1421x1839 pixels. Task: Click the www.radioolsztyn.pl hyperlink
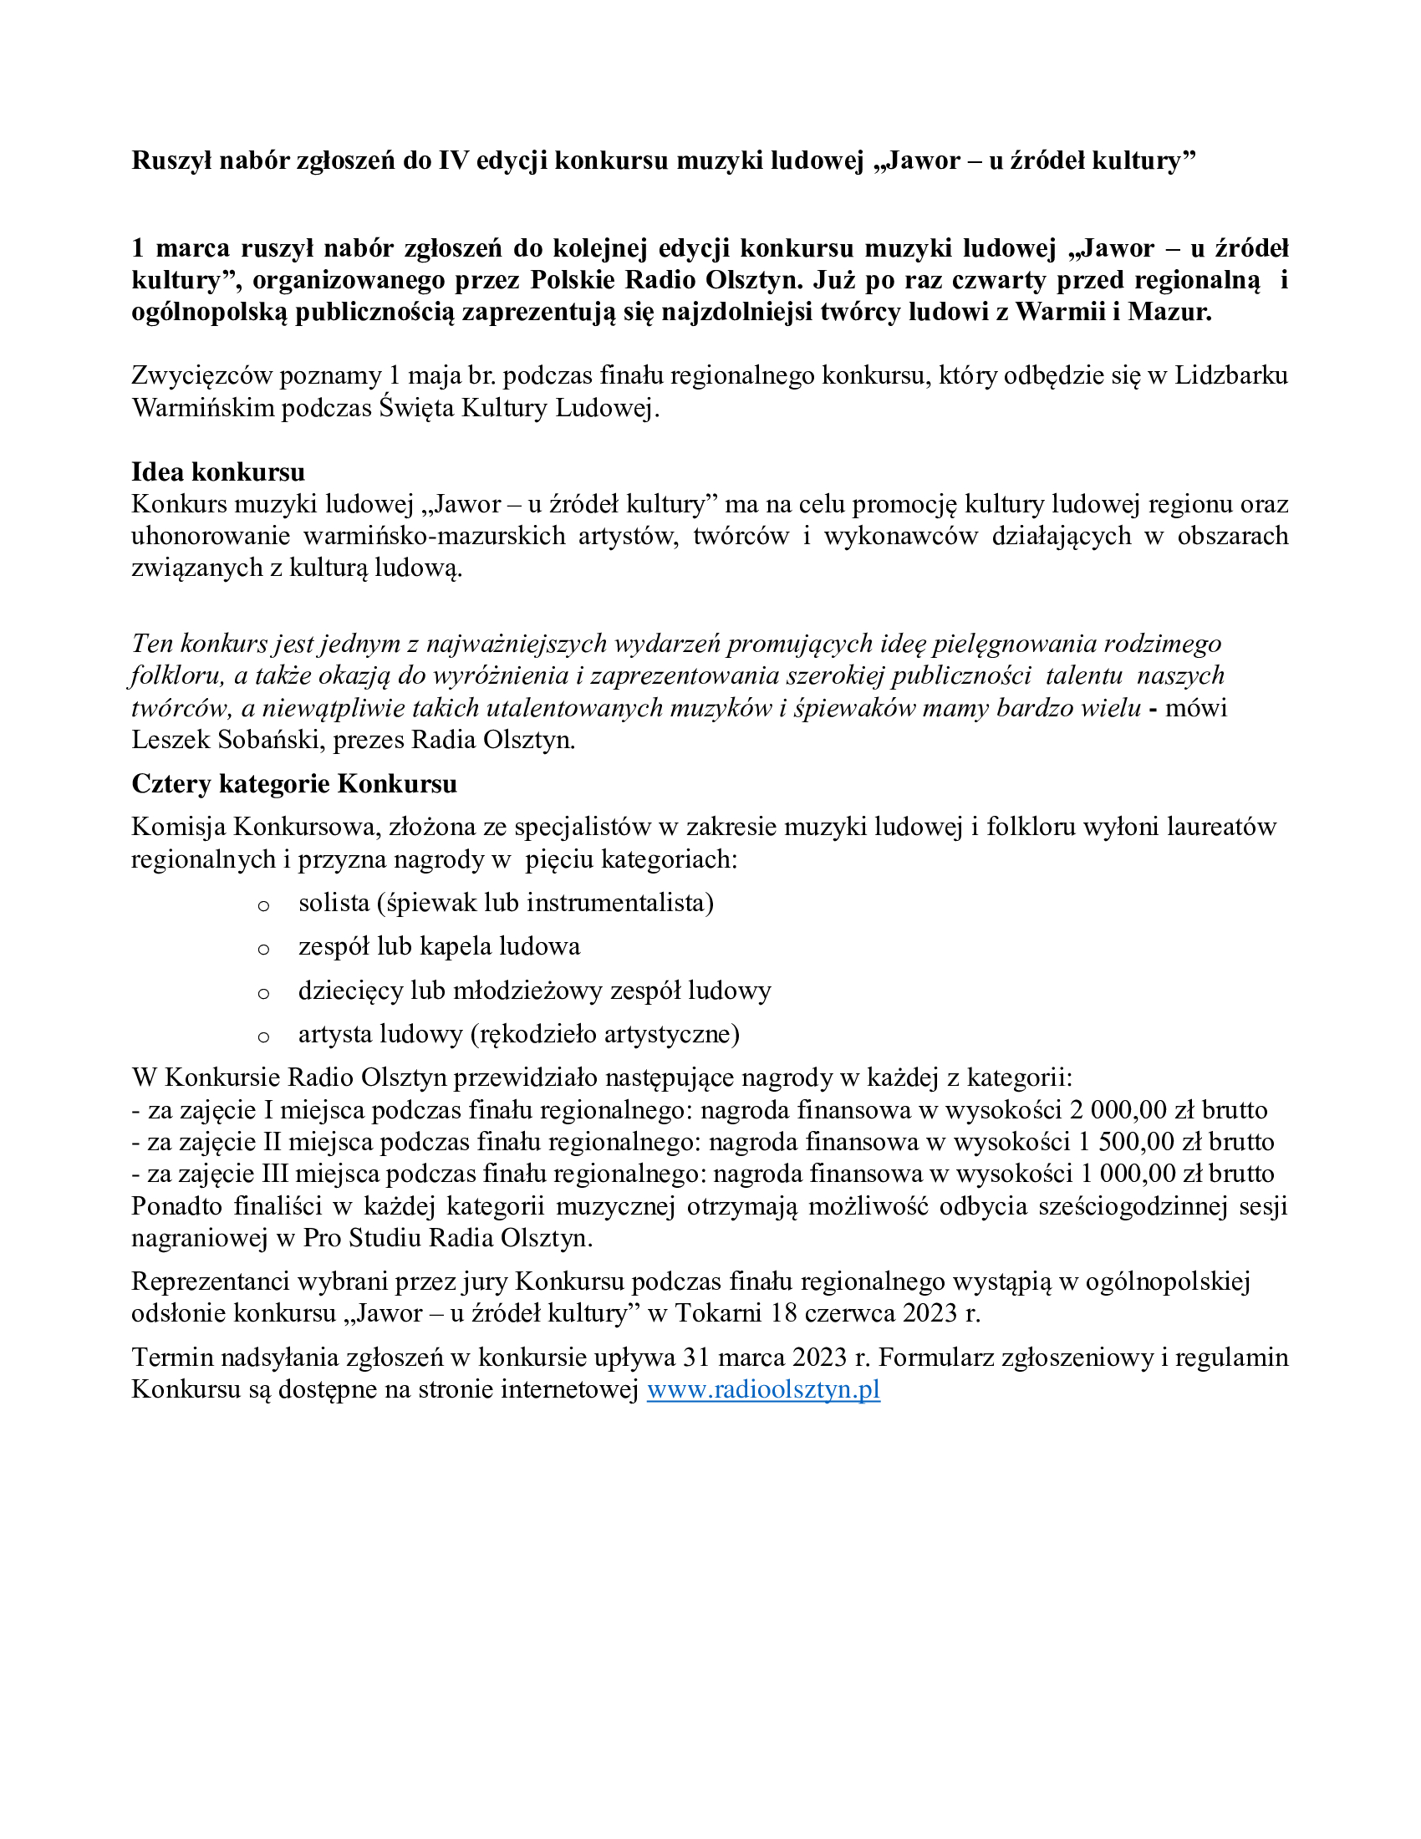tap(762, 1389)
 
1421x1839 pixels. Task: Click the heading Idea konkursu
tap(218, 471)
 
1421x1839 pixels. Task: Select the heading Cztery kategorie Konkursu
tap(293, 784)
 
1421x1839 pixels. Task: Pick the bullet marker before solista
tap(263, 906)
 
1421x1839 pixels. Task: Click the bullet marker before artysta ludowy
tap(263, 1037)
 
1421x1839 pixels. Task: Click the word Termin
tap(171, 1358)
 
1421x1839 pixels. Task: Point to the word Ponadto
tap(176, 1206)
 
